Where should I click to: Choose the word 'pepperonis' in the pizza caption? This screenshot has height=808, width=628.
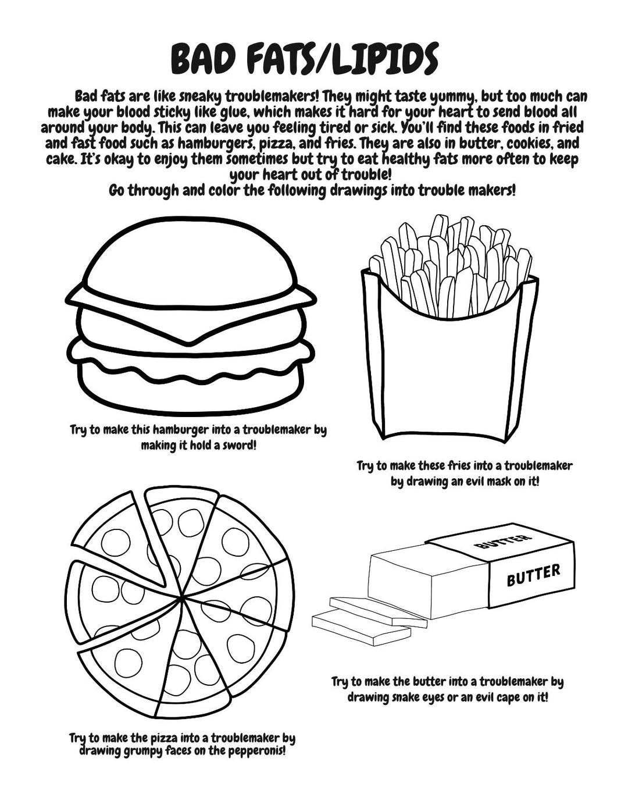coord(255,750)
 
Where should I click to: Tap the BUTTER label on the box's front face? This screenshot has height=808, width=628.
coord(533,575)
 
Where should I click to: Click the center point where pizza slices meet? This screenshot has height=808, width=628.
coord(183,597)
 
